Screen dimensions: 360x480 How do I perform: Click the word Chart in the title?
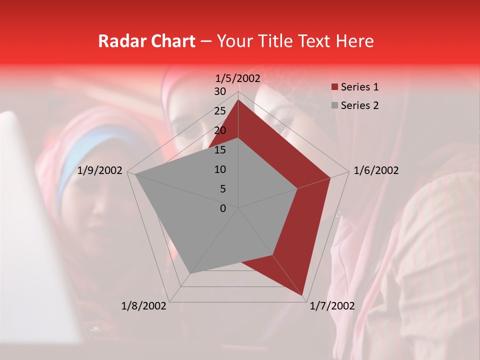(x=172, y=41)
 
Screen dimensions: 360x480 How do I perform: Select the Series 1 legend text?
(x=359, y=87)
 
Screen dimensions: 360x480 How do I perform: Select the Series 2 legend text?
(x=359, y=105)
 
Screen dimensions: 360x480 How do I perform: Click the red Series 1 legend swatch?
(x=334, y=87)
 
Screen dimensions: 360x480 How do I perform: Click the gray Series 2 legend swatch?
(x=334, y=106)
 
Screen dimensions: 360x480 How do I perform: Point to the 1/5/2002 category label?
(x=238, y=78)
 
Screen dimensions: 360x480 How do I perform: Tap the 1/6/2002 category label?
(x=376, y=170)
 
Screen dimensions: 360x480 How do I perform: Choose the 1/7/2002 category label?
(x=332, y=306)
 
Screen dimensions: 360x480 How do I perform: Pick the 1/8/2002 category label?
(x=144, y=306)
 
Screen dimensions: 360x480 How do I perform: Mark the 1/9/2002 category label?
(x=100, y=170)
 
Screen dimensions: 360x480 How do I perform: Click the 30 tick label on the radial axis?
(x=220, y=91)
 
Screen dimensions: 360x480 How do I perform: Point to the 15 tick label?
(x=220, y=150)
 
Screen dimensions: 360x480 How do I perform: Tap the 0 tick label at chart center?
(x=223, y=208)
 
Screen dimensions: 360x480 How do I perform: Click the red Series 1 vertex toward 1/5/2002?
(x=238, y=99)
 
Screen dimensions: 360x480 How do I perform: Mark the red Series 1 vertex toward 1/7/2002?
(x=302, y=295)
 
